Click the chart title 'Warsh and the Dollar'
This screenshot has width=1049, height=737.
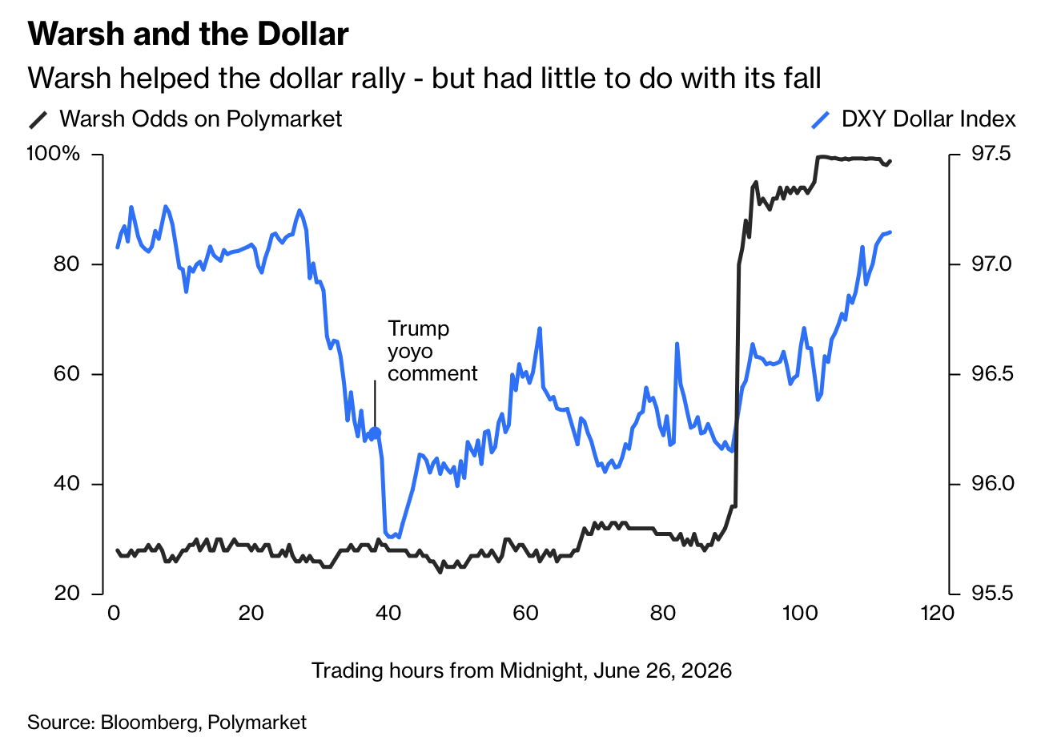188,34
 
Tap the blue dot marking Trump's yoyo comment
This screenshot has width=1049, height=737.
376,433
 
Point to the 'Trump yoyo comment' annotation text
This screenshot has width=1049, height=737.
432,351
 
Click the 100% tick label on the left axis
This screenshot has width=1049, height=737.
54,154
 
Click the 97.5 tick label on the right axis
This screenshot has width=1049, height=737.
991,154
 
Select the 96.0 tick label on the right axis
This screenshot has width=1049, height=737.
991,484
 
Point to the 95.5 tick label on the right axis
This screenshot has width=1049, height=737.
991,594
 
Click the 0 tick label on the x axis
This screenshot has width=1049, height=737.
113,614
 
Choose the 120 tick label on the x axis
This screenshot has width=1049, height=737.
937,614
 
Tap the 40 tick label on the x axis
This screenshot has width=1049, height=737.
388,614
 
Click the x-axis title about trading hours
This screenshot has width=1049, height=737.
521,670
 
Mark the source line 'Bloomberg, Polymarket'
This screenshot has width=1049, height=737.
167,721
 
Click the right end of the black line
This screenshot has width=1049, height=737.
890,161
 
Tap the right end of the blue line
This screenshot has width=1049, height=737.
891,232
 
